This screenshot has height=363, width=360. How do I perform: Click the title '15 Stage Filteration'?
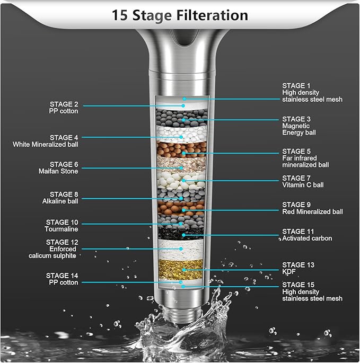[x=180, y=15]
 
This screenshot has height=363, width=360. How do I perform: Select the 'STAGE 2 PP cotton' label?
[x=64, y=108]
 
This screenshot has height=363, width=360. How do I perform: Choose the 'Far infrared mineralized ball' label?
[x=305, y=158]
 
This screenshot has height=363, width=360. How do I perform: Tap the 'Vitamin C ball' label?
[x=303, y=181]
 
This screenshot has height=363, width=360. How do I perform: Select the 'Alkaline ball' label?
[x=60, y=198]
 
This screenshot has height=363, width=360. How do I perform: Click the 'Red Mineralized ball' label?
[x=312, y=208]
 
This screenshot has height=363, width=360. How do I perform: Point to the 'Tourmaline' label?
[x=62, y=226]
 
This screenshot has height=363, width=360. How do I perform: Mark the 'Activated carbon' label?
[x=307, y=235]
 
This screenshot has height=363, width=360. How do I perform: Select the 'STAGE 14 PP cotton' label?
[x=62, y=279]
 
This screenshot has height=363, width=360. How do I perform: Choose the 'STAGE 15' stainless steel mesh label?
[x=312, y=291]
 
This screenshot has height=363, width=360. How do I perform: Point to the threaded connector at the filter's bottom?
[x=181, y=311]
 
